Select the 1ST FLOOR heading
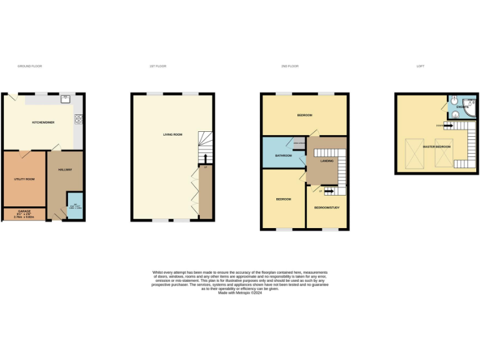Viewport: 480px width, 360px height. (x=157, y=66)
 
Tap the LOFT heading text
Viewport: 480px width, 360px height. (x=421, y=66)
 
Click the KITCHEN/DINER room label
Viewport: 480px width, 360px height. (x=43, y=122)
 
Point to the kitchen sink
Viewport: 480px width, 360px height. (x=65, y=99)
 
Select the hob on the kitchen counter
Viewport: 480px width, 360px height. (x=79, y=118)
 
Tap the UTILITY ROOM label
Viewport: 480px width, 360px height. (x=24, y=179)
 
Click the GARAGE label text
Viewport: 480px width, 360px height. (x=24, y=211)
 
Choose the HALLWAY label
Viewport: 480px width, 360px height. (x=65, y=170)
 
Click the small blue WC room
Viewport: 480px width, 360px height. (x=75, y=211)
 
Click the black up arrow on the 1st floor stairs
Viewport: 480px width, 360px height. (x=206, y=157)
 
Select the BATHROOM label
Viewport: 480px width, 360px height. (x=276, y=156)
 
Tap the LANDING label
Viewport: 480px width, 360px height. (x=326, y=161)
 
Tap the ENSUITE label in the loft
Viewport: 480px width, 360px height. (x=462, y=107)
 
